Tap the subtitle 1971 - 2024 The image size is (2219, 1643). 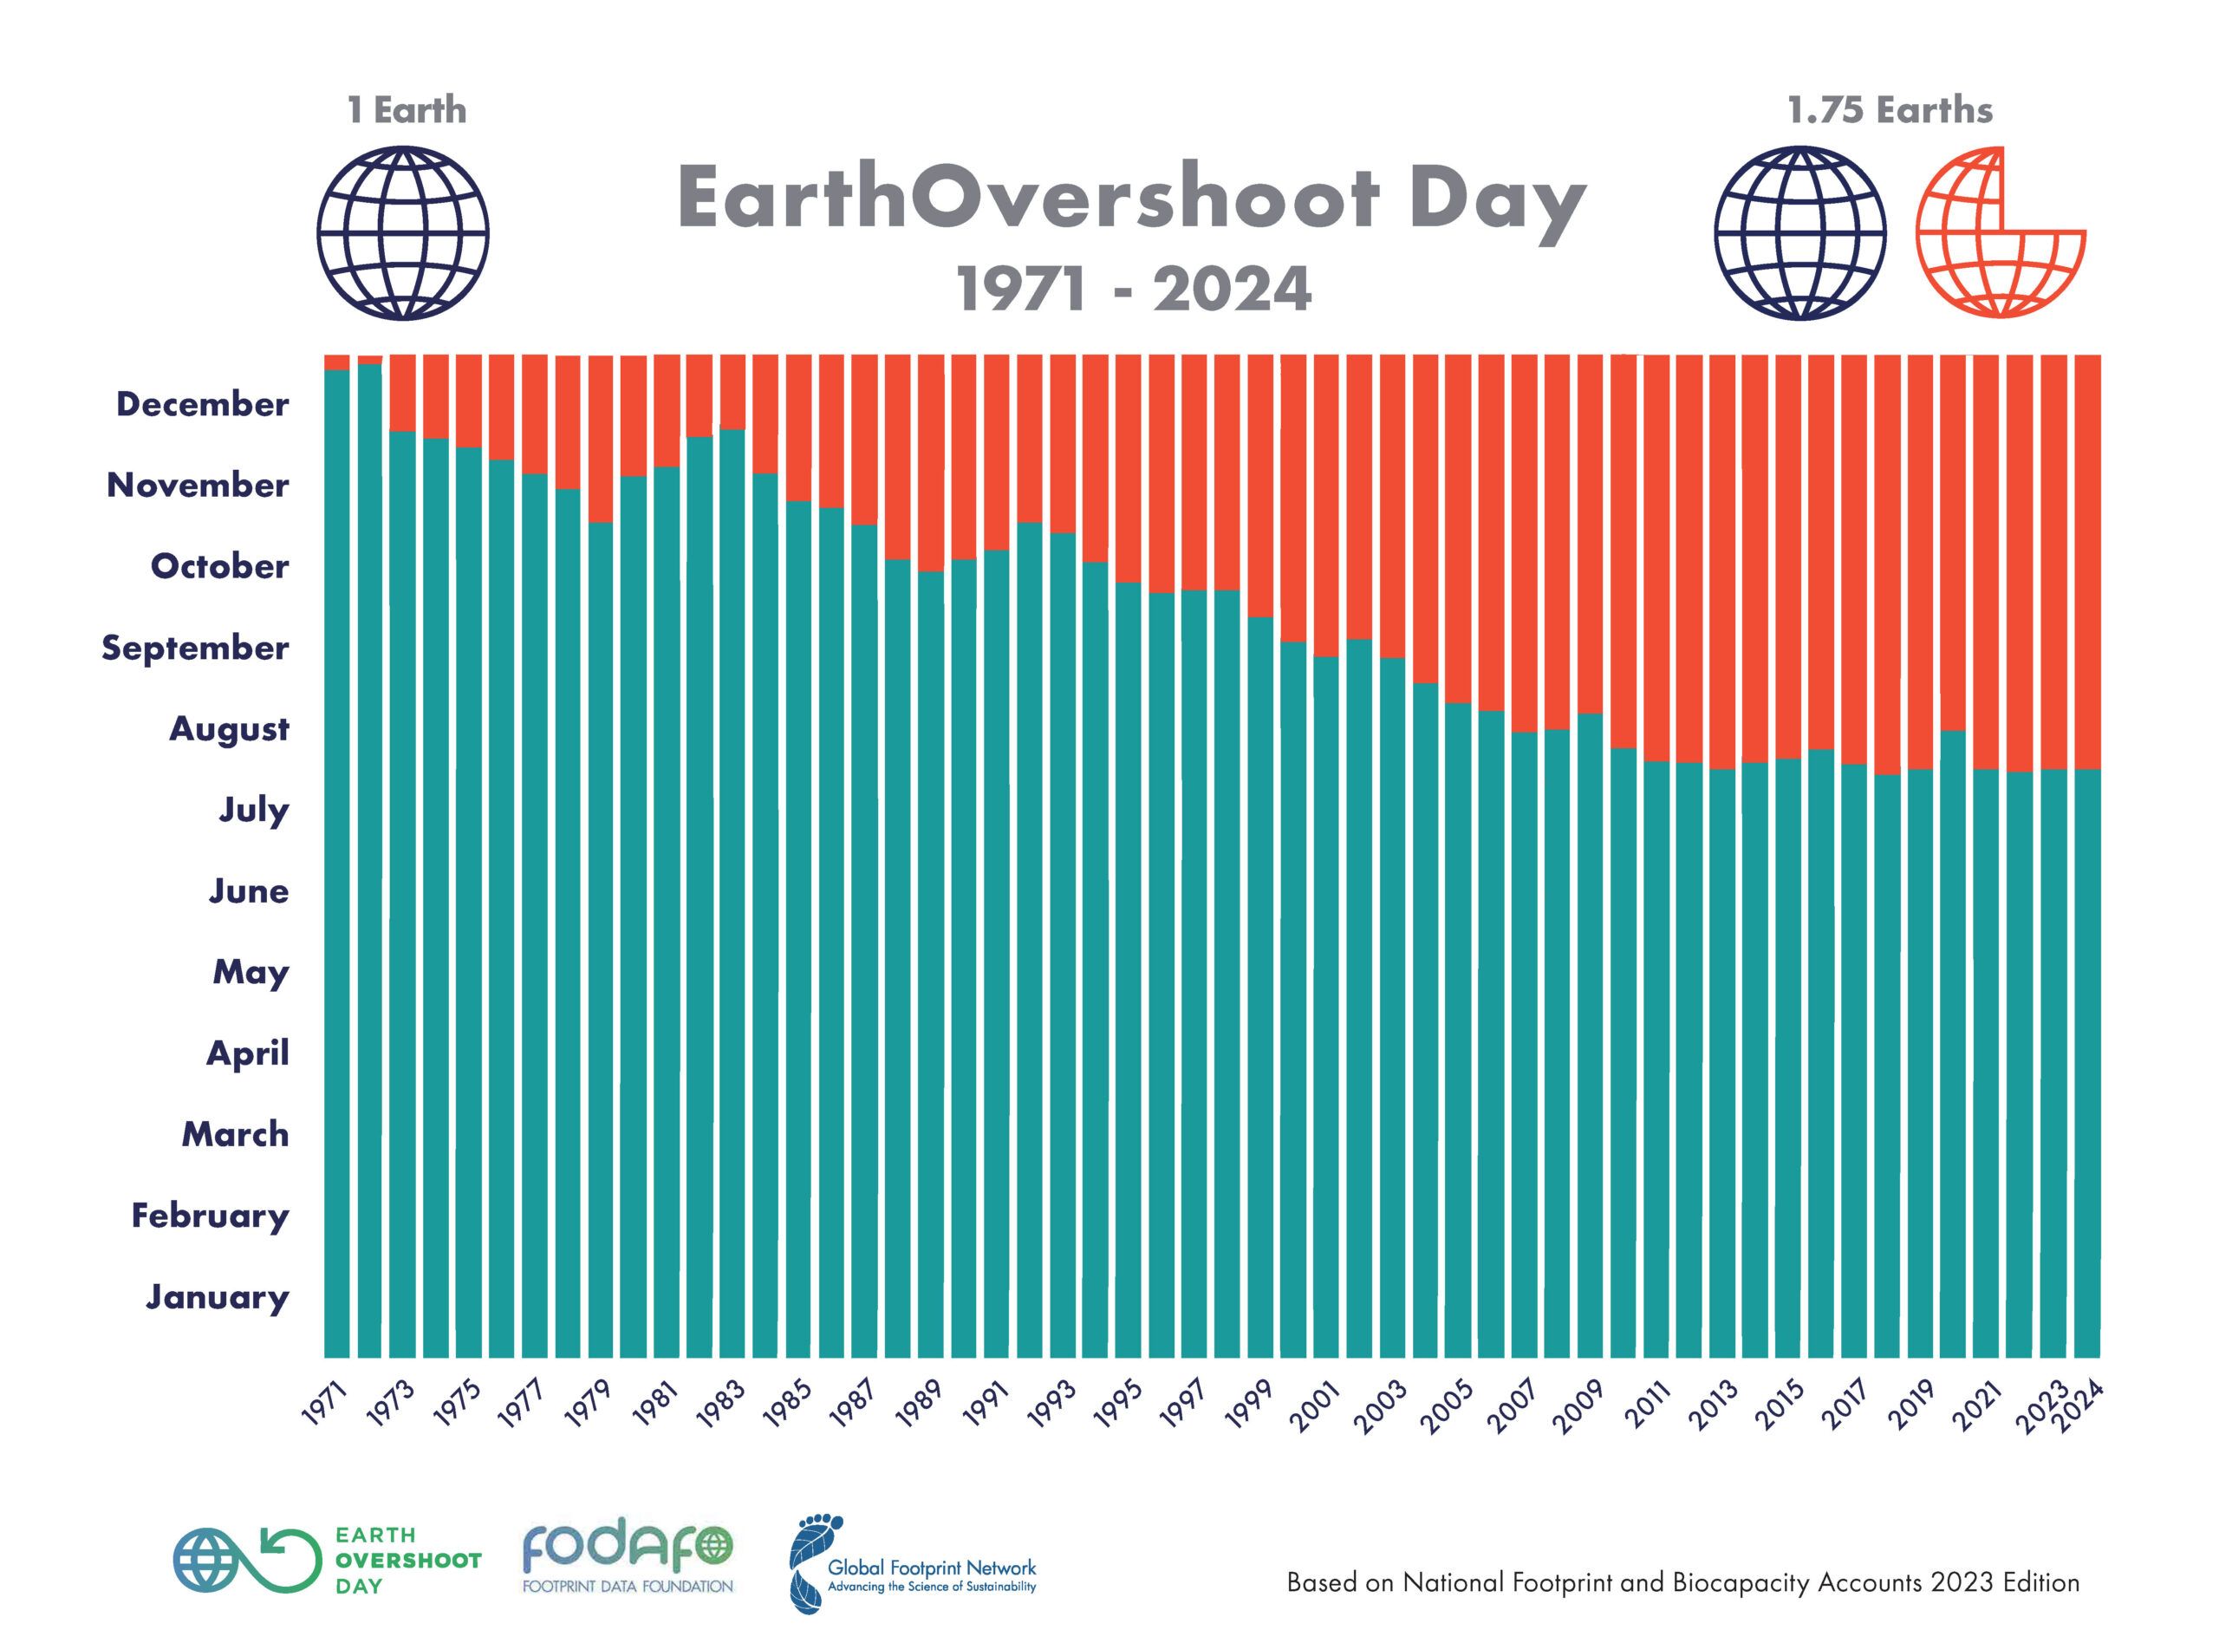tap(1134, 289)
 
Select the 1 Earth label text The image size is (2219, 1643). tap(406, 109)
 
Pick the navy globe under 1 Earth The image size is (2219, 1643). tap(403, 234)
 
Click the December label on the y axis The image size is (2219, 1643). tap(203, 404)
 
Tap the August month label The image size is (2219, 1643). tap(229, 729)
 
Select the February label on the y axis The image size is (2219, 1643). tap(210, 1216)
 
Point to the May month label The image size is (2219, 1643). tap(251, 972)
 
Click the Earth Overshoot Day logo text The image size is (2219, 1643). tap(407, 1561)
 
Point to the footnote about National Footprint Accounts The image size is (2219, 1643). tap(1682, 1582)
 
